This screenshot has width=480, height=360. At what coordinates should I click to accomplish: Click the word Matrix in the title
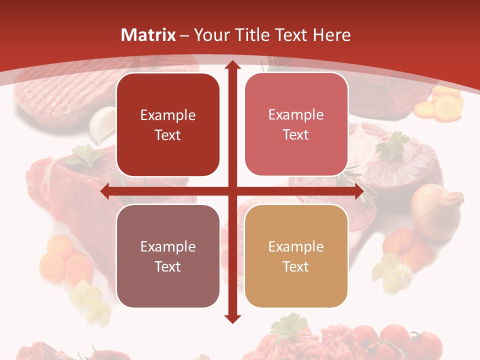(x=148, y=35)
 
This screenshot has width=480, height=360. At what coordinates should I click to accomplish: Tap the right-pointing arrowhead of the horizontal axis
(x=358, y=191)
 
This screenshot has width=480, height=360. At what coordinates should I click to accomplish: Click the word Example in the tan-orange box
(x=296, y=246)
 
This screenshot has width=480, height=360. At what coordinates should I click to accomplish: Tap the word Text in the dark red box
(x=168, y=135)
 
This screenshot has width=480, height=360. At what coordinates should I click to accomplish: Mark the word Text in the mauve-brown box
(x=168, y=266)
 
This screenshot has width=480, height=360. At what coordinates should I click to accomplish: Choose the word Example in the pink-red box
(x=296, y=115)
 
